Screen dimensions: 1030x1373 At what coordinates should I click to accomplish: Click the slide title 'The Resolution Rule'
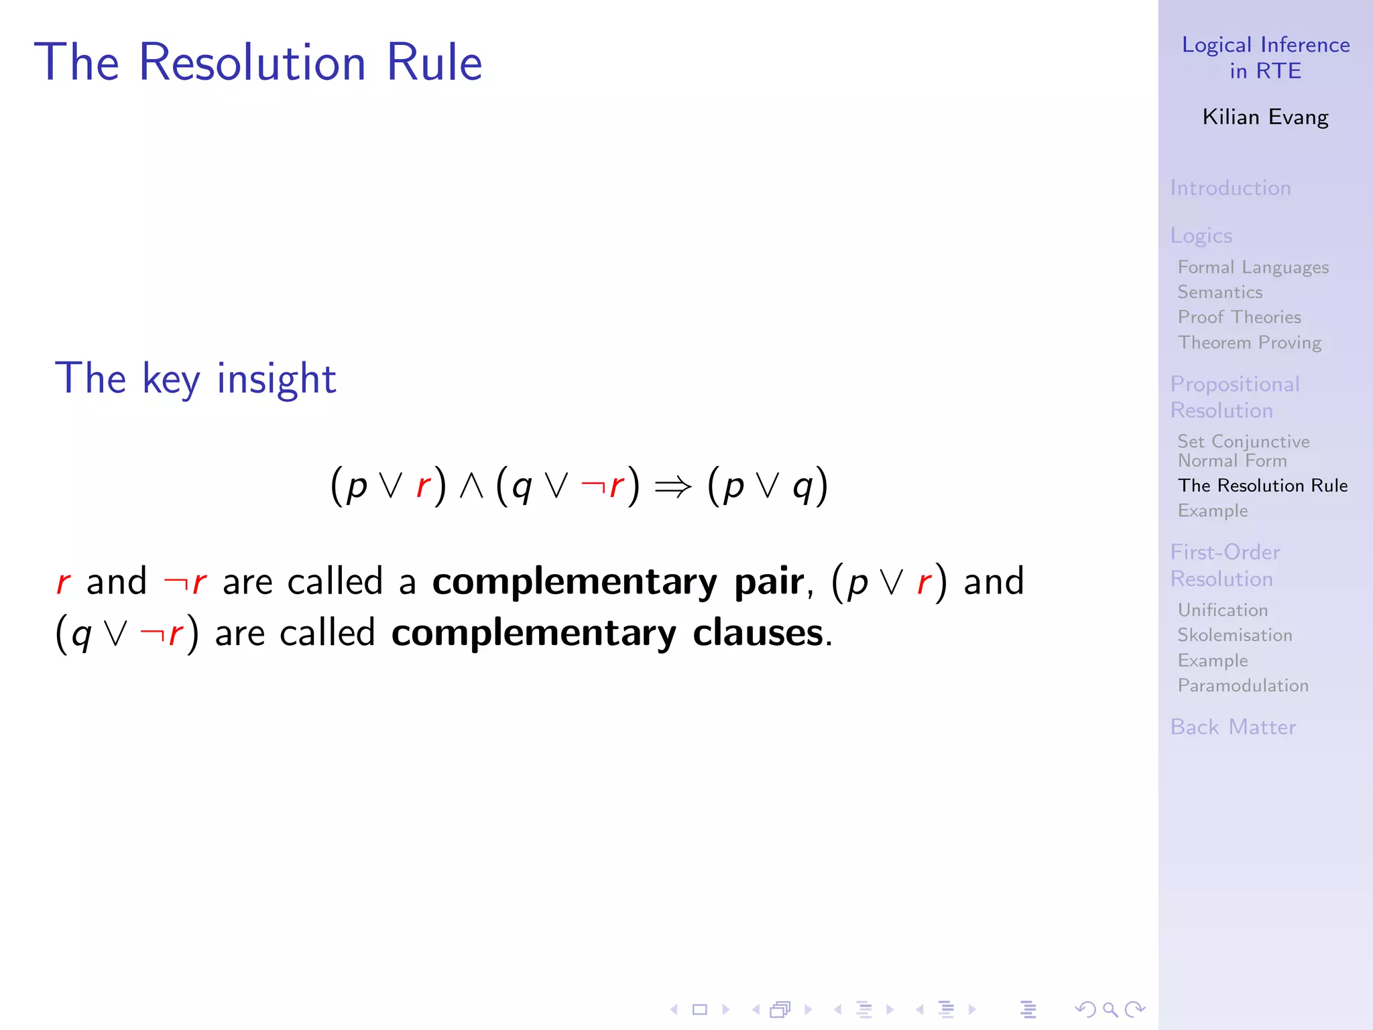pos(258,62)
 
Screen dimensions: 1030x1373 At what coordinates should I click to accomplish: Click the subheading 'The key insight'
pos(195,378)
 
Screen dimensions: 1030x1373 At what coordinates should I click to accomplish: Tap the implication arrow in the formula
pos(672,486)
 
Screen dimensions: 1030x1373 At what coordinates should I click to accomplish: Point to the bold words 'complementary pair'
pos(617,581)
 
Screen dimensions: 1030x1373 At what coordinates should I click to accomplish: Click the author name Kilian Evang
pos(1265,117)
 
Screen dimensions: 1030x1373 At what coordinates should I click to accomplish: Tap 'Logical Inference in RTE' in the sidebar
pos(1265,58)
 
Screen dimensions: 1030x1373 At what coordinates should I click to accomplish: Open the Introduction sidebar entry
pos(1230,188)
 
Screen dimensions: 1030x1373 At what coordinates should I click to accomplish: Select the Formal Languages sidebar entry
pos(1253,268)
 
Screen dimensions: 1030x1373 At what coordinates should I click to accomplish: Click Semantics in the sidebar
pos(1220,292)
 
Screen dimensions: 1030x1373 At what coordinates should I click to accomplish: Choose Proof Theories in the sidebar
pos(1239,317)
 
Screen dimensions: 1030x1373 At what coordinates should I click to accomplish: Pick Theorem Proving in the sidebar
pos(1250,343)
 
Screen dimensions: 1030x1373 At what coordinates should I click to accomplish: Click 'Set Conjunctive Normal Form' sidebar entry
pos(1243,451)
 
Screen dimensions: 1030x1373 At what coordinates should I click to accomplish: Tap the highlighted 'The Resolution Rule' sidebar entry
pos(1262,485)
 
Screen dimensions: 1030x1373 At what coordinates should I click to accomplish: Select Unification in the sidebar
pos(1223,610)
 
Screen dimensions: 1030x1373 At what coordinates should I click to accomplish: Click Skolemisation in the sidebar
pos(1235,635)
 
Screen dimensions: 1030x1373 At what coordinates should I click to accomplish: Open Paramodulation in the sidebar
pos(1243,685)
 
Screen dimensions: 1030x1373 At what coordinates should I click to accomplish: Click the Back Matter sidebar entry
pos(1233,728)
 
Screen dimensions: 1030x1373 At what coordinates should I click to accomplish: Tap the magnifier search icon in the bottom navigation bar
pos(1110,1009)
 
